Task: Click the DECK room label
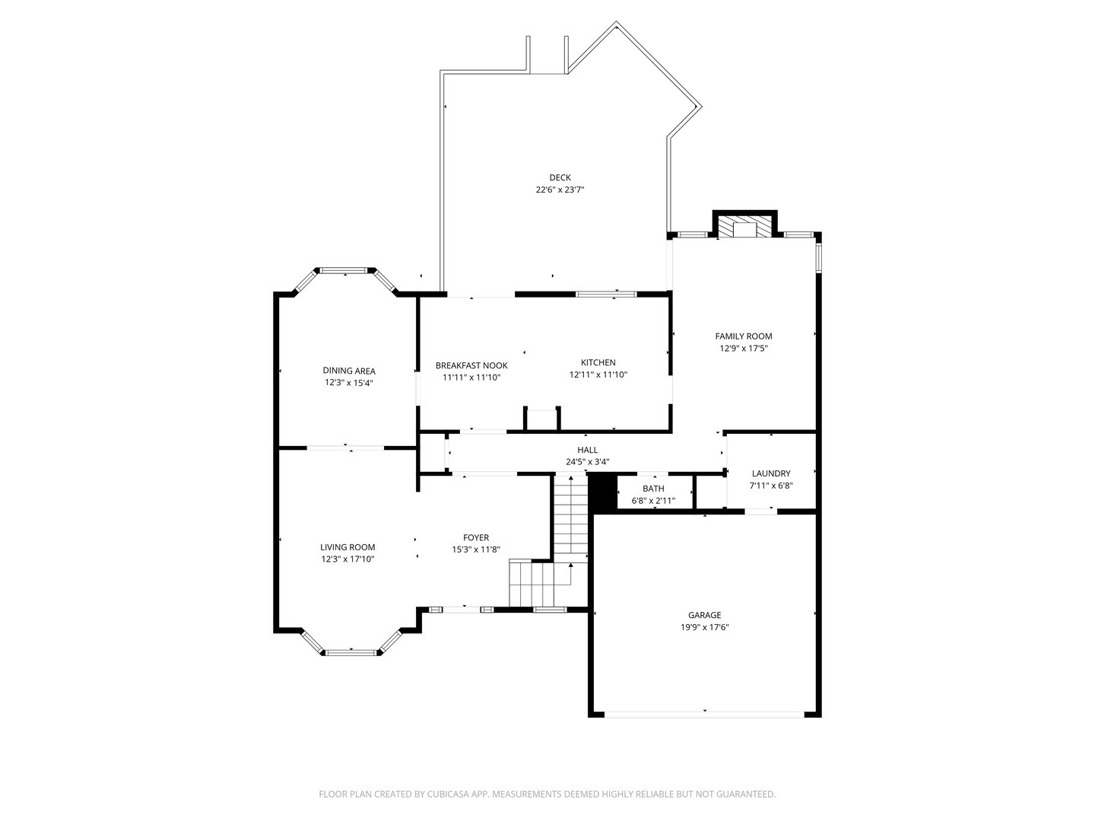pos(560,177)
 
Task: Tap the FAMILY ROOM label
pos(743,336)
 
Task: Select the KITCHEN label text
pos(598,362)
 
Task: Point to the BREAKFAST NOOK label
pos(471,365)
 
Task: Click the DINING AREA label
pos(349,371)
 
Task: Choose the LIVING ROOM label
pos(348,547)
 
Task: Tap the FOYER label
pos(476,537)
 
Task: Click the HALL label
pos(588,450)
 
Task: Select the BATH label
pos(653,489)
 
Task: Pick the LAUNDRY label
pos(771,473)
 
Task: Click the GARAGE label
pos(704,615)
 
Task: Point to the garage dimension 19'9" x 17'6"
pos(704,627)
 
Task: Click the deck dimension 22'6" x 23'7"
pos(560,190)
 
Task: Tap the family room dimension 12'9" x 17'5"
pos(743,349)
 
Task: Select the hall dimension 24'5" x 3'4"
pos(588,462)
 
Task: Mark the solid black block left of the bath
pos(602,492)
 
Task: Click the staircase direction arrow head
pos(571,565)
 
